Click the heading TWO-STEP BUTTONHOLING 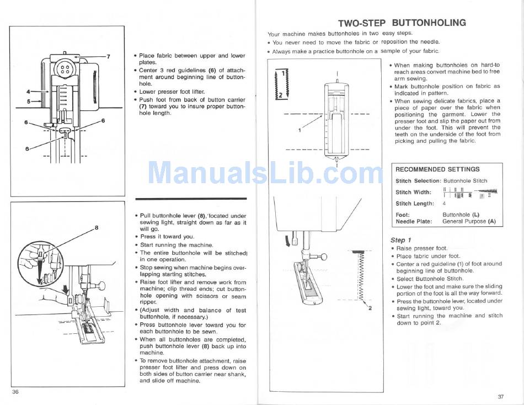click(x=402, y=23)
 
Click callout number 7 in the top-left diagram click(x=108, y=56)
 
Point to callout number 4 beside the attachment click(x=29, y=91)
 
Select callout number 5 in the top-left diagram click(x=29, y=101)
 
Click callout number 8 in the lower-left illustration click(x=97, y=228)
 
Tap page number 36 click(x=15, y=392)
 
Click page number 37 click(x=501, y=397)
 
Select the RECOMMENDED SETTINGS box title click(x=437, y=169)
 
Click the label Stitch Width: click(x=413, y=193)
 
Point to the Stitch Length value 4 click(x=444, y=204)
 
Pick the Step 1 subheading click(x=400, y=240)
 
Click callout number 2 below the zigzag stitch click(x=370, y=308)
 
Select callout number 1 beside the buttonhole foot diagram click(x=300, y=130)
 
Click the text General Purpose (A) click(x=469, y=221)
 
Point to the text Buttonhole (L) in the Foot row click(x=461, y=215)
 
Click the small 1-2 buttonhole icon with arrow click(x=281, y=84)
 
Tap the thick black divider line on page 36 click(x=191, y=199)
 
